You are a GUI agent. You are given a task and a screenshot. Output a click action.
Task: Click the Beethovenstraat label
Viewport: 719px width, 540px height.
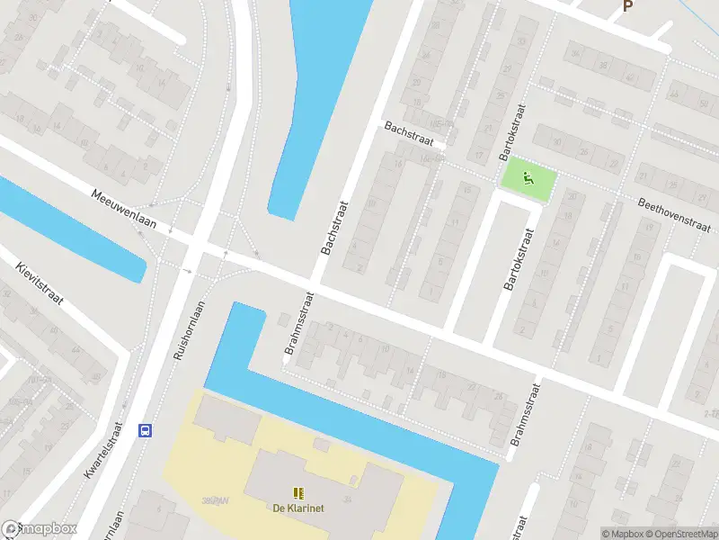(674, 211)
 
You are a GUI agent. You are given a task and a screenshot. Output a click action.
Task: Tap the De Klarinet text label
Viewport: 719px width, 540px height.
(297, 508)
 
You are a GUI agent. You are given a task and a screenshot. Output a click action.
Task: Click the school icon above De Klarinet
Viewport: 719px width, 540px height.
(297, 492)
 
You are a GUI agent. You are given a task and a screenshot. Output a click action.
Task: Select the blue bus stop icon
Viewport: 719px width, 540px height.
(144, 430)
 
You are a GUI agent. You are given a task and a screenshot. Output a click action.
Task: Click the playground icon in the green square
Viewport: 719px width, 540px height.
(528, 177)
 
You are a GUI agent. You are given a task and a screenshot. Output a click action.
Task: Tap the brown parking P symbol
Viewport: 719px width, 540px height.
(627, 6)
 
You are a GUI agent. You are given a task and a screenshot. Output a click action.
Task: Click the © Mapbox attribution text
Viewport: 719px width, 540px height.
(622, 534)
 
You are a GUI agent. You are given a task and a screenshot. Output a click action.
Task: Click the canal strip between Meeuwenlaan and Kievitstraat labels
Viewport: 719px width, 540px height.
(72, 229)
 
